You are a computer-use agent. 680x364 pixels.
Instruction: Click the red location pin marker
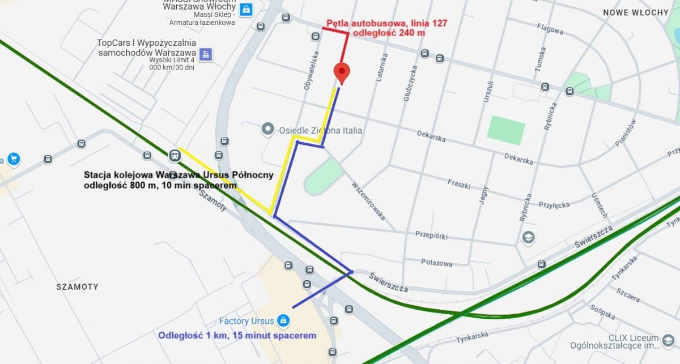[341, 73]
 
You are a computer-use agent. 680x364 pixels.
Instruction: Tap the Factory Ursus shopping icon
[284, 322]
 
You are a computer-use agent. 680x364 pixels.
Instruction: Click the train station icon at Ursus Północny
[175, 155]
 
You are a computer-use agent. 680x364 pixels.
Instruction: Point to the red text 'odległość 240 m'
[389, 33]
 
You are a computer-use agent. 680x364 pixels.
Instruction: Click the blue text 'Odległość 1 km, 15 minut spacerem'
[237, 336]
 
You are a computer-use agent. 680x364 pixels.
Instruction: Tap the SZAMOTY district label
[77, 287]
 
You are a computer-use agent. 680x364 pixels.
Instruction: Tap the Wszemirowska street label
[368, 200]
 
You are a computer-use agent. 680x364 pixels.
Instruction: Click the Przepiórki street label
[432, 234]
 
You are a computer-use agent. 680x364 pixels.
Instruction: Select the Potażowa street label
[437, 262]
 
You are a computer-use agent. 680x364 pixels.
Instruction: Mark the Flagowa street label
[550, 29]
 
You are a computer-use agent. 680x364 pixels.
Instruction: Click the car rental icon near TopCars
[207, 54]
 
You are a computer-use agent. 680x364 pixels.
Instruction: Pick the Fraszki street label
[460, 183]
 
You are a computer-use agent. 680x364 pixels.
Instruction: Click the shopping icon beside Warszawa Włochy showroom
[246, 10]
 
